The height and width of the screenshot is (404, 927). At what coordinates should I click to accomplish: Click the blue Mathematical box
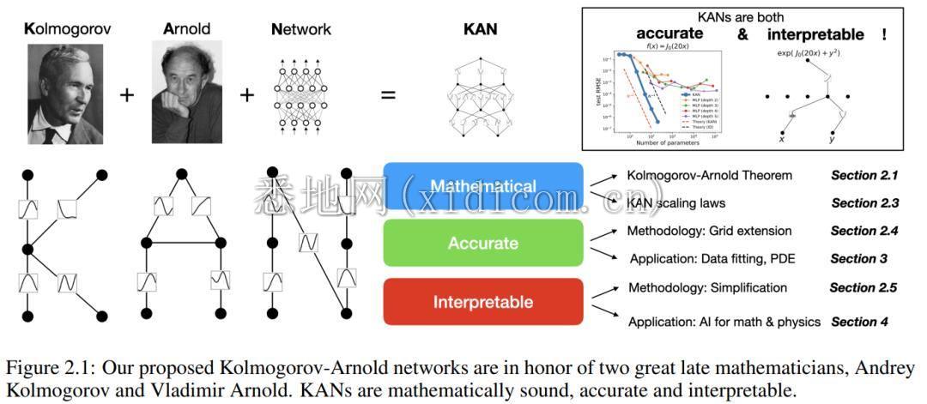pos(483,186)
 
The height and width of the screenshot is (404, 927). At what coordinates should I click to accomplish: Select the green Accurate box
pos(483,244)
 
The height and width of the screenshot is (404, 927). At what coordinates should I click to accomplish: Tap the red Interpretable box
pos(483,302)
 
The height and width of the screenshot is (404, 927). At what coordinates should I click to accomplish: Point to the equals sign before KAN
pos(388,94)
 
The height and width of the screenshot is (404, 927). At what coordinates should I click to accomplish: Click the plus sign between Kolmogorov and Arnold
pos(127,94)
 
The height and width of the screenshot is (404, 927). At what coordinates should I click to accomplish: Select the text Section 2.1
pos(863,176)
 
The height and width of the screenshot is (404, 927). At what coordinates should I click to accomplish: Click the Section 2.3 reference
pos(864,203)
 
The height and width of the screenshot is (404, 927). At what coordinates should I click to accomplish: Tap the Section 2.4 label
pos(863,231)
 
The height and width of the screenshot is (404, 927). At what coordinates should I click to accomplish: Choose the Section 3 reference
pos(858,258)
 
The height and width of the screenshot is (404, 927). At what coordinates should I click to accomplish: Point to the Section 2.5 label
pos(863,287)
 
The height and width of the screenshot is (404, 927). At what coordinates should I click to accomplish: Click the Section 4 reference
pos(858,322)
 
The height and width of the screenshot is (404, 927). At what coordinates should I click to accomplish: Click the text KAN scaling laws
pos(676,203)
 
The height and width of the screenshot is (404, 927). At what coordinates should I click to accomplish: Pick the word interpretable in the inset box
pos(816,34)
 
